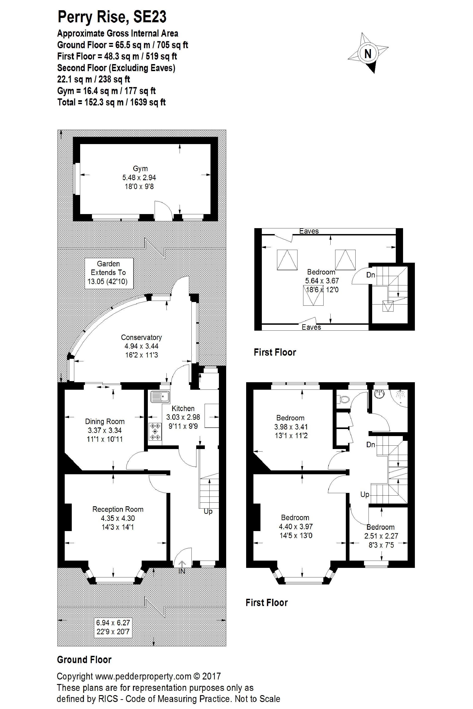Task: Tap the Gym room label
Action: (x=140, y=169)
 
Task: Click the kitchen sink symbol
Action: (x=160, y=396)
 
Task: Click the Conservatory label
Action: (x=141, y=337)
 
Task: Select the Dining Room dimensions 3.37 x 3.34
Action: (x=105, y=430)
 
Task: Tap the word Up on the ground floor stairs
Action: (x=208, y=511)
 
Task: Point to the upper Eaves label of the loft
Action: (x=309, y=231)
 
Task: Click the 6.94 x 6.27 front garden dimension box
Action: (x=113, y=627)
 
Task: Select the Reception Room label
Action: (x=118, y=509)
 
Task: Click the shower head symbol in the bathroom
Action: (x=400, y=393)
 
